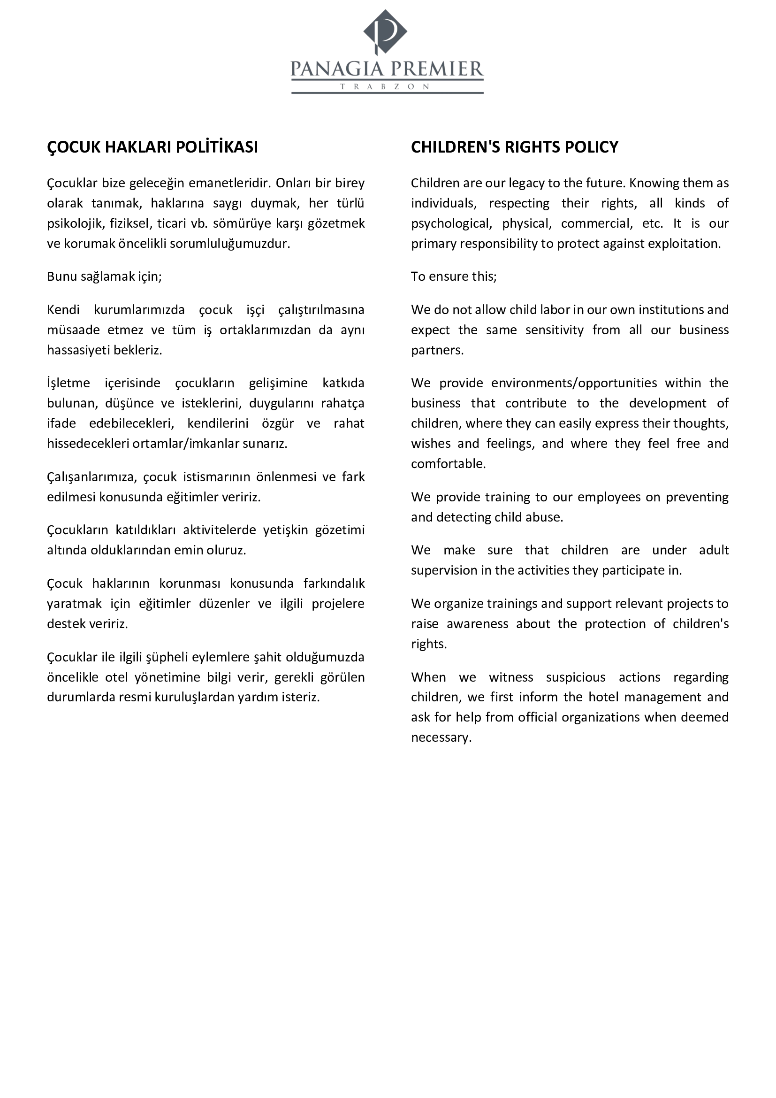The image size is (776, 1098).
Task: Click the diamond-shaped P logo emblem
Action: click(x=385, y=31)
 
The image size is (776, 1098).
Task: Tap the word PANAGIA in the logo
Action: click(x=337, y=70)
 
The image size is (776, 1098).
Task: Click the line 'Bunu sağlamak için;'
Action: click(x=104, y=277)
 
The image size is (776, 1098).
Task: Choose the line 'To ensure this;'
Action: click(x=454, y=277)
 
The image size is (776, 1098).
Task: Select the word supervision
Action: click(x=444, y=570)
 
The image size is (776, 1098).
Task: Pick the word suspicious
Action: click(x=575, y=678)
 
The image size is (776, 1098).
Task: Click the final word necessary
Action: click(x=441, y=737)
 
